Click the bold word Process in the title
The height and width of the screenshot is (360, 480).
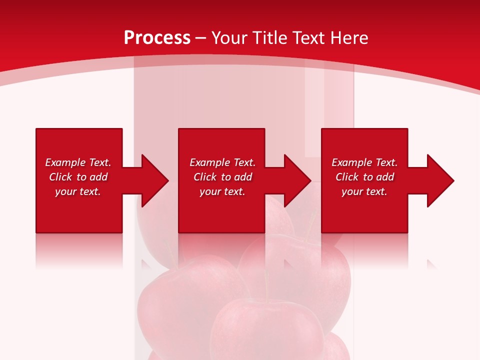[x=157, y=38]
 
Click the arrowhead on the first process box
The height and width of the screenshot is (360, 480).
[x=154, y=180]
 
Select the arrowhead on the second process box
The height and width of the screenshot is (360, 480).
[x=297, y=180]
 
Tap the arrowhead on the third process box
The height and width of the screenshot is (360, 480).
[x=440, y=180]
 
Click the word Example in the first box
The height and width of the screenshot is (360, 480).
[x=65, y=162]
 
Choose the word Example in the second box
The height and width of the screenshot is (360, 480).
[x=209, y=162]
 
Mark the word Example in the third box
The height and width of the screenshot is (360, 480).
[x=351, y=162]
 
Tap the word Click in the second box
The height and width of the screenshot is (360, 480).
[x=205, y=177]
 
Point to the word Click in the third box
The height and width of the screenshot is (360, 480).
[x=347, y=177]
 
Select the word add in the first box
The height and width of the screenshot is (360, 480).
[x=99, y=177]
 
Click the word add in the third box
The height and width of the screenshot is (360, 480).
[x=385, y=177]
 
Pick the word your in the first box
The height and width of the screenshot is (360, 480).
[x=65, y=192]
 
